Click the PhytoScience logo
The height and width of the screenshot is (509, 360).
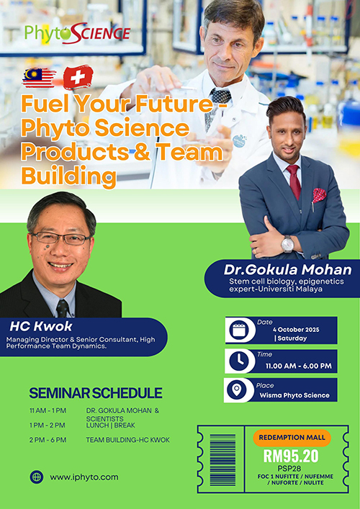tap(77, 32)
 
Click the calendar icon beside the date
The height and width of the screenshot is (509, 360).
tap(240, 330)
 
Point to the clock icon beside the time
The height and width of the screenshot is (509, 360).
tap(240, 361)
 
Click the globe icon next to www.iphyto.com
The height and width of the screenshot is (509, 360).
tap(37, 477)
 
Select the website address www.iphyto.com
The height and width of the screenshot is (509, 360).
tap(84, 477)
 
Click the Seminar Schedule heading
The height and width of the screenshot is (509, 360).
tap(95, 393)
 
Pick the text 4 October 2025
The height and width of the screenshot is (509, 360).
tap(296, 330)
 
